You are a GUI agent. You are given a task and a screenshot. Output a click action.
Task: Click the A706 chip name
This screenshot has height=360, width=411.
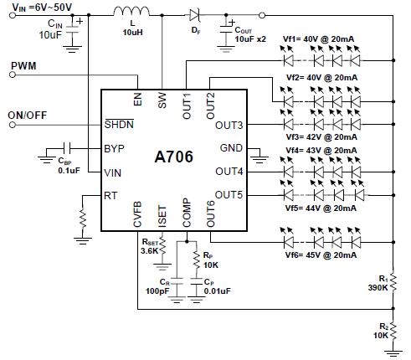[x=173, y=157]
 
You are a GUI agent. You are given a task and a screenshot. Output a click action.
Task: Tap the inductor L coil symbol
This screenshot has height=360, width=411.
[x=131, y=11]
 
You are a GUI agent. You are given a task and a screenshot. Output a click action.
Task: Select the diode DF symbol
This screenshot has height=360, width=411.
[x=194, y=15]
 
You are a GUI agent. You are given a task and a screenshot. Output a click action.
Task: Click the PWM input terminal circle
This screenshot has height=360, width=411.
[x=13, y=75]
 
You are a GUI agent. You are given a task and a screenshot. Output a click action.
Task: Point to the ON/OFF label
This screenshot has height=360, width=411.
[x=28, y=116]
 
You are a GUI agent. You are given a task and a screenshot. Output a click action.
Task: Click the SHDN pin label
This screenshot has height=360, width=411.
[x=119, y=124]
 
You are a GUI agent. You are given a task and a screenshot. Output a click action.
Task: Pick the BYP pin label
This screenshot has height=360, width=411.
[x=114, y=148]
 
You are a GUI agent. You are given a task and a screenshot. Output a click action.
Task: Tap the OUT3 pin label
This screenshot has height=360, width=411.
[x=229, y=126]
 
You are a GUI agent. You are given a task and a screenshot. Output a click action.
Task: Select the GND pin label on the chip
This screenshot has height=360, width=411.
[x=231, y=148]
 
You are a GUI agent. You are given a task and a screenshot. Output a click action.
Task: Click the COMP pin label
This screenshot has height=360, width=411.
[x=187, y=213]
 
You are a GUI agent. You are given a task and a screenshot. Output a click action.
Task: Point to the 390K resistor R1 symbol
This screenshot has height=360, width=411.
[x=393, y=282]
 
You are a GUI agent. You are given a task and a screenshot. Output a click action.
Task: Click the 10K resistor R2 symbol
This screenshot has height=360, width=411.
[x=393, y=331]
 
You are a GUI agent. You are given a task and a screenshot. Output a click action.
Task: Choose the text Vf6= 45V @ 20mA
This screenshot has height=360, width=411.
[x=321, y=255]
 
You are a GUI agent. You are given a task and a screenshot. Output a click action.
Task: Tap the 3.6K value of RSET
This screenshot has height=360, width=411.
[x=149, y=250]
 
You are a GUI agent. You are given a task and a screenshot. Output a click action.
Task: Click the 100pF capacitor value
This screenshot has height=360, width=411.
[x=157, y=291]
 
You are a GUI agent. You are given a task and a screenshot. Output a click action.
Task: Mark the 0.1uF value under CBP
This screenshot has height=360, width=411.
[x=69, y=170]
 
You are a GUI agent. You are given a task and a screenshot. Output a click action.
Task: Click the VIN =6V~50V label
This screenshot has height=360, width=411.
[x=42, y=8]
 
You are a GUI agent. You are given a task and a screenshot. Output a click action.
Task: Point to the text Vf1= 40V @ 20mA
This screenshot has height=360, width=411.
[x=318, y=39]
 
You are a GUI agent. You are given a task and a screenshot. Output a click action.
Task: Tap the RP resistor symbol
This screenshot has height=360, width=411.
[x=197, y=260]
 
